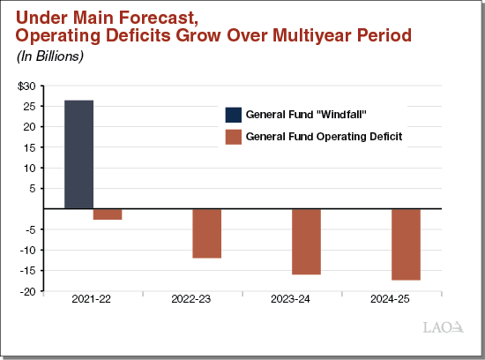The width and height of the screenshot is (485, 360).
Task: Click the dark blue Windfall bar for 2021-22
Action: coord(78,154)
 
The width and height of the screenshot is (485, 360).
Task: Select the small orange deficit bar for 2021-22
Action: coord(108,214)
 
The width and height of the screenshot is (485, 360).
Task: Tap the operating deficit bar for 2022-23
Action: coord(207,234)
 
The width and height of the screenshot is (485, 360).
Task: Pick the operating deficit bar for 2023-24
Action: coord(306,242)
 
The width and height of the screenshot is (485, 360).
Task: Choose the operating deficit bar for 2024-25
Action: coord(406,244)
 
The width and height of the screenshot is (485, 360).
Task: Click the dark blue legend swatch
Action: coord(234,114)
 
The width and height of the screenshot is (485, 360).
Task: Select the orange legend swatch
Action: coord(234,136)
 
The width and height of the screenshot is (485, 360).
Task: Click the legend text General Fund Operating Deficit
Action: coord(325,136)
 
